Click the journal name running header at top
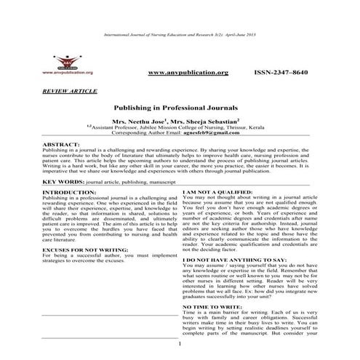tap(180, 36)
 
